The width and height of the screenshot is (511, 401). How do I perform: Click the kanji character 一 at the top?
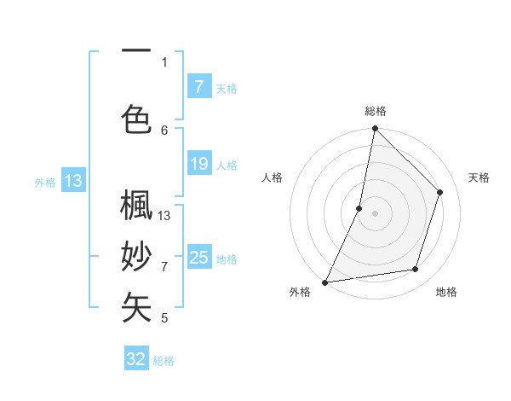(136, 51)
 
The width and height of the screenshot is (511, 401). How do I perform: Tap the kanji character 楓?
(136, 207)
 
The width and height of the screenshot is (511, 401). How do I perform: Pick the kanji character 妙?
(136, 257)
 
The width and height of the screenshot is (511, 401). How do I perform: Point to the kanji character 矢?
(136, 306)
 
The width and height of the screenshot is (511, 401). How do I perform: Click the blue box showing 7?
(198, 87)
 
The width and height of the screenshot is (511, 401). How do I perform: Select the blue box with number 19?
(198, 164)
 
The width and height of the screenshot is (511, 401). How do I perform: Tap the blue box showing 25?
(198, 258)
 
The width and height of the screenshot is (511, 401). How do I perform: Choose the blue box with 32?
(136, 359)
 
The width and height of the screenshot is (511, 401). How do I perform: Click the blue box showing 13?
(72, 181)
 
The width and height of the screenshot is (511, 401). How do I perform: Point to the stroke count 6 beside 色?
(164, 130)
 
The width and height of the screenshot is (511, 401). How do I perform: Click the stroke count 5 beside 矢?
(164, 318)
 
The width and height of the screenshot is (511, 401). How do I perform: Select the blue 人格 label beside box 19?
(227, 165)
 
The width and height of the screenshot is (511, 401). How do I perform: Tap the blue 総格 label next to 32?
(164, 361)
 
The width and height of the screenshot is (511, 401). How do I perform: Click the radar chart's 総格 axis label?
(375, 111)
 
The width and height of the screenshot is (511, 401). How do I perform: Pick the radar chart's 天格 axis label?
(479, 177)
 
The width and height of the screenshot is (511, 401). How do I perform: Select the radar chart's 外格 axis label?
(300, 293)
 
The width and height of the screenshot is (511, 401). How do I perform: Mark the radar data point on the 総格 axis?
(375, 129)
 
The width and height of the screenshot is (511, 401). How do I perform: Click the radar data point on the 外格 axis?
(324, 282)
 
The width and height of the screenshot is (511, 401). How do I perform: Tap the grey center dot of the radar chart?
(375, 213)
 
